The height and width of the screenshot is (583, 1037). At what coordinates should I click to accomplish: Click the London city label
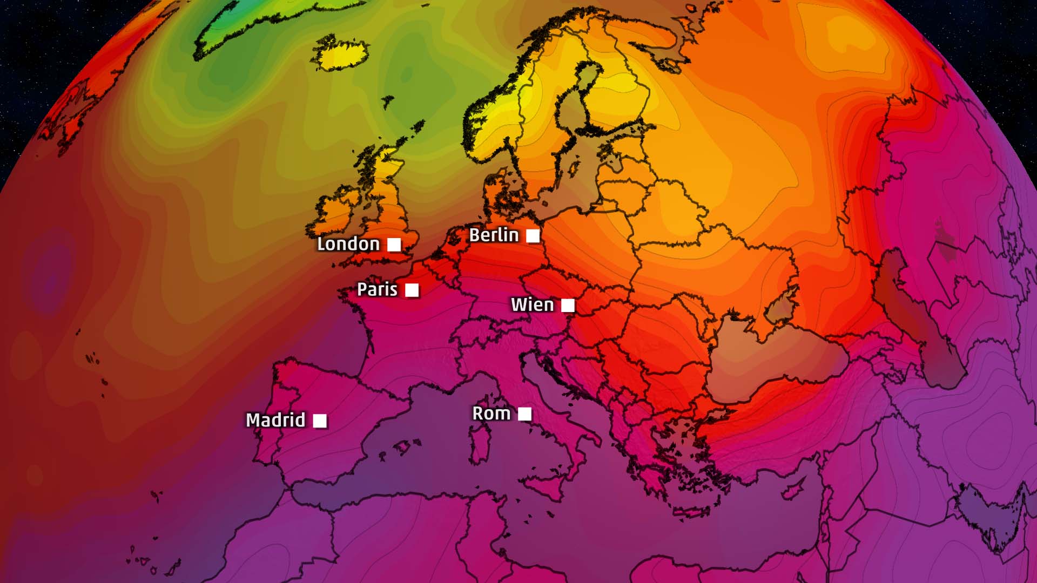348,244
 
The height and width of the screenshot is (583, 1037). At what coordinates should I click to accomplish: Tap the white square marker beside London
394,245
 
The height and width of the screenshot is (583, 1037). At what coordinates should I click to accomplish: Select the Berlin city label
494,235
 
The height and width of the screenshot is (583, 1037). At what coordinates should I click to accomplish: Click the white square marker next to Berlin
533,236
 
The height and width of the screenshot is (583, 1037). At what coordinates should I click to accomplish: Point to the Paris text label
377,289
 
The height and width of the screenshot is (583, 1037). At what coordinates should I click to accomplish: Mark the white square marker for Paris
412,290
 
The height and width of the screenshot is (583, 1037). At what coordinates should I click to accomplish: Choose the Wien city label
532,305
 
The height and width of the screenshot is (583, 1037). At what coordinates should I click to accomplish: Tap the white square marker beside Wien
568,306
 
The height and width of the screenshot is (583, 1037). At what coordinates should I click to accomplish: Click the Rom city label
491,413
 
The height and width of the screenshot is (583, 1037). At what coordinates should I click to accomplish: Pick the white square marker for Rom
524,414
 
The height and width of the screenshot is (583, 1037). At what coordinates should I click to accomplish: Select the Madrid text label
275,420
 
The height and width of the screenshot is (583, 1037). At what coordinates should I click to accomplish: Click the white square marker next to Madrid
320,421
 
